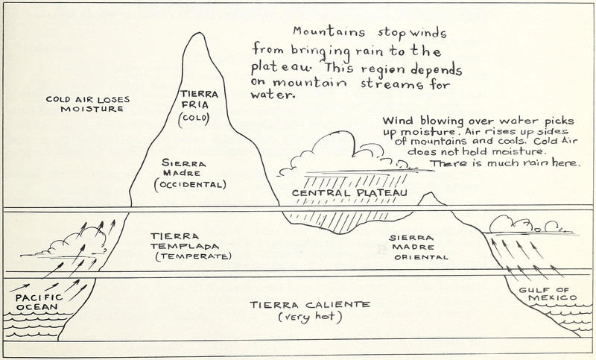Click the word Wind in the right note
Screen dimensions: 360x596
[x=397, y=120]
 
